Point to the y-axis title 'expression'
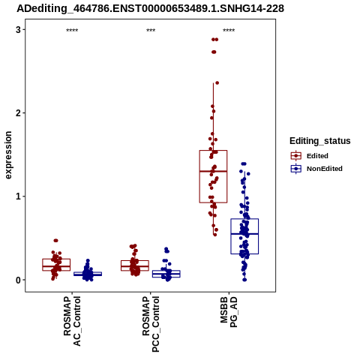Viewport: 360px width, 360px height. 8,155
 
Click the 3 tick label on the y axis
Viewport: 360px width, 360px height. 18,30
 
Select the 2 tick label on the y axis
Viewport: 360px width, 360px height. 18,113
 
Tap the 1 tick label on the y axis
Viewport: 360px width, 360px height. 18,196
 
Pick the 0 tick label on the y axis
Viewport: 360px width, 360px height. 18,280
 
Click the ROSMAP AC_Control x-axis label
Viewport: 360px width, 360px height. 72,321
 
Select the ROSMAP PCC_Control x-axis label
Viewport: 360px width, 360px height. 151,324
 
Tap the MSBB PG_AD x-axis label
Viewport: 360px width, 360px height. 229,312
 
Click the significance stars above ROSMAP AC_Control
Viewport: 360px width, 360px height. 72,31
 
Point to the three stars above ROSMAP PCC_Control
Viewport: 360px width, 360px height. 151,31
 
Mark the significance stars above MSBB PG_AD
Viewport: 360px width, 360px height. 229,31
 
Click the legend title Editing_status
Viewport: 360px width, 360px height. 320,141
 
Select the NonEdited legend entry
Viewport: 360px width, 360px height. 316,169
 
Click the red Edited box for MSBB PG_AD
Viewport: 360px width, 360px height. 213,151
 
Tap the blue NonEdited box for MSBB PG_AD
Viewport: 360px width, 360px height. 244,219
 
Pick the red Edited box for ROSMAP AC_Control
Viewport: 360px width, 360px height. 56,259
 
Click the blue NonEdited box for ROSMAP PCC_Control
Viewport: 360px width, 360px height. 166,271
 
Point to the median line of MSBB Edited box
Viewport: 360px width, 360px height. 213,171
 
